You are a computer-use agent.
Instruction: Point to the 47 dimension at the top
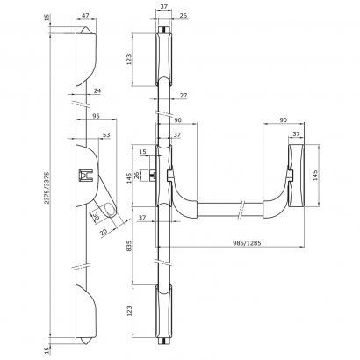[86, 17]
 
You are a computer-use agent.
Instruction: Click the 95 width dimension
[94, 116]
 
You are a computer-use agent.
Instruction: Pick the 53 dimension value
[107, 134]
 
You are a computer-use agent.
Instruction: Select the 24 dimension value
[97, 90]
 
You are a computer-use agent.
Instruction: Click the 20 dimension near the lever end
[104, 231]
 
